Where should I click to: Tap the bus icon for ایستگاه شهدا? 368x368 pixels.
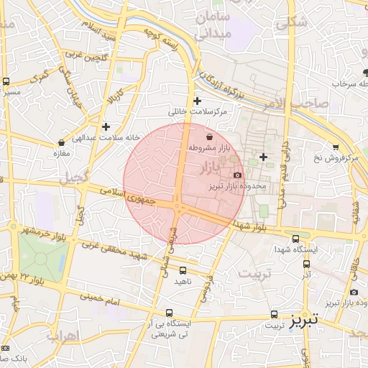pos(295,239)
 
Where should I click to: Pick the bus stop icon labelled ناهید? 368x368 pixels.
pos(183,270)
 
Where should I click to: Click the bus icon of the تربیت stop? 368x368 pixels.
pos(274,315)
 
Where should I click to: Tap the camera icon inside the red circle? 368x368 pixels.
pos(238,175)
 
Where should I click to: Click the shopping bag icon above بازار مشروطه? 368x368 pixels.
pos(208,137)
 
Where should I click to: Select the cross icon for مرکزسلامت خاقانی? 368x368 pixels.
pos(197,101)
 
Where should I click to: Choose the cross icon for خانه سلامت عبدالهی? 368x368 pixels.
pos(106,126)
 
